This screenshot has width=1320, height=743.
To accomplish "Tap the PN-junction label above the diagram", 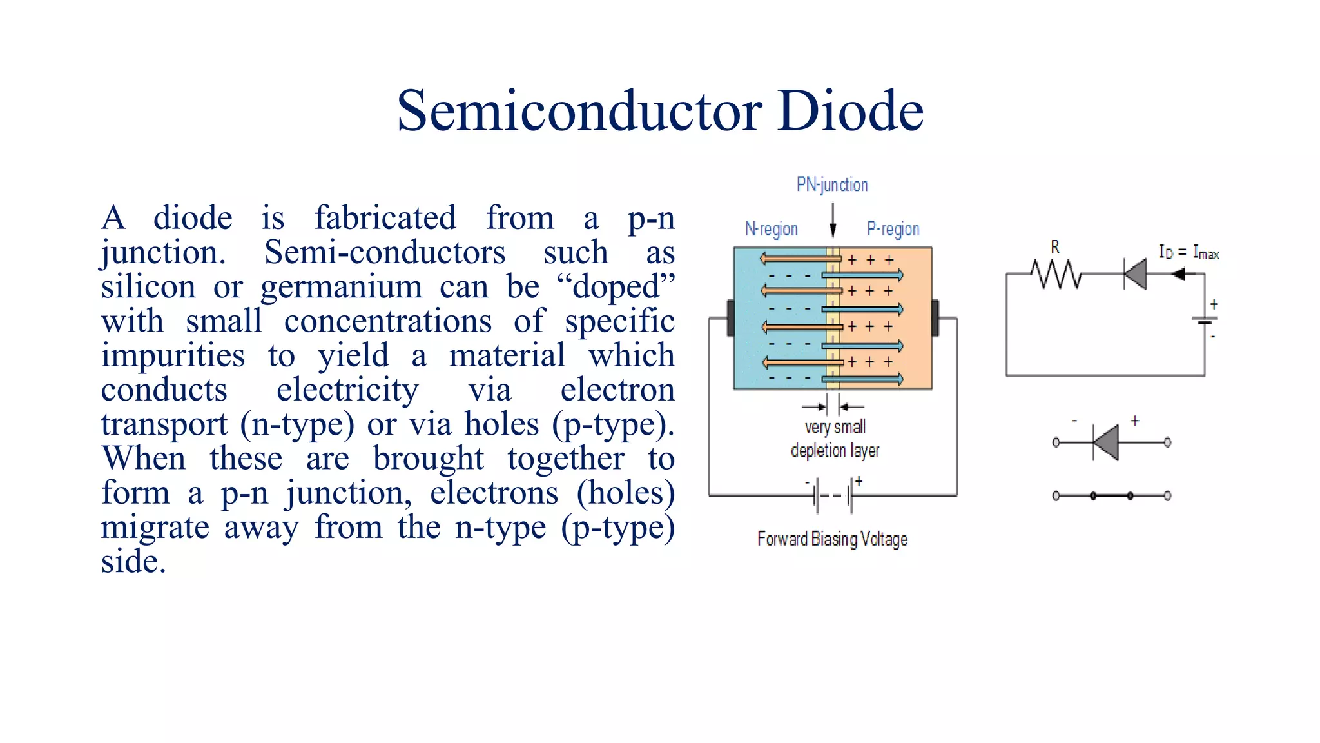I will click(832, 184).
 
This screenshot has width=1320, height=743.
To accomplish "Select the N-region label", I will click(772, 229).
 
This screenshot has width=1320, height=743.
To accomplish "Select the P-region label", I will click(893, 229).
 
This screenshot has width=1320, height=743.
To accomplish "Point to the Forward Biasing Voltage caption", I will click(832, 539).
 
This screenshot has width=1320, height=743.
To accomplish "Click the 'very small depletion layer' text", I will click(835, 439).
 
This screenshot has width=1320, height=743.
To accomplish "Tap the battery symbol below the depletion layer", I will click(833, 495).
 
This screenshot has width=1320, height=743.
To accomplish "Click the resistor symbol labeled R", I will click(1056, 274).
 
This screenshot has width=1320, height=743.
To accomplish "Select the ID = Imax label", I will click(1189, 252).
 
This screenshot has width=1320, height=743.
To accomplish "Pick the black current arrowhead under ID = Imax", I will click(1178, 274).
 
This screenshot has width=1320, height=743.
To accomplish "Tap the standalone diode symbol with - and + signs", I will click(1107, 442).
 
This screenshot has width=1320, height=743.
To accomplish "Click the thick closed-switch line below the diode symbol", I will click(1112, 495).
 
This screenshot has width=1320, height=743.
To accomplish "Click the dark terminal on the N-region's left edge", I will click(730, 318).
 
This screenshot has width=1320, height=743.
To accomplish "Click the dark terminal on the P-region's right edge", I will click(935, 318).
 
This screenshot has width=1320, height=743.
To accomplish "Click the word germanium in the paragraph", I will click(341, 286).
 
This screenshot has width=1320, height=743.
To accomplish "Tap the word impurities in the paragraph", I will click(173, 355).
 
